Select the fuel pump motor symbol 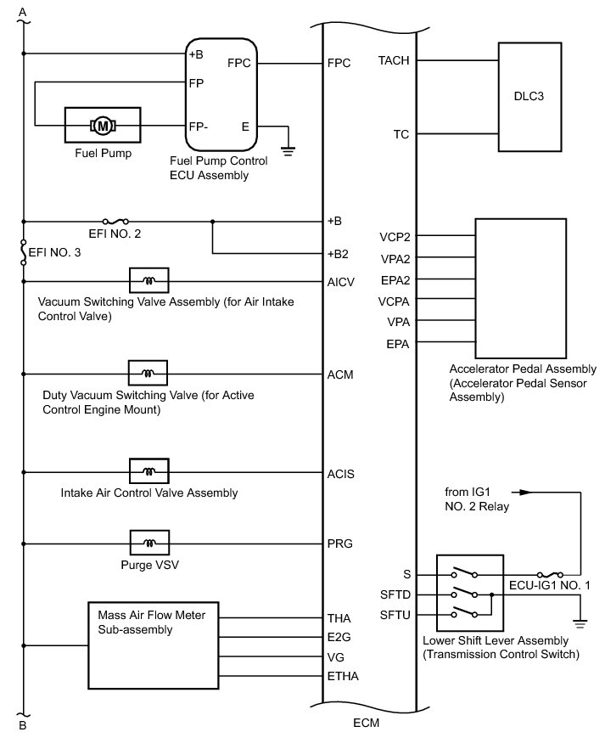tap(104, 127)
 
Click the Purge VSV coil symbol tap(149, 542)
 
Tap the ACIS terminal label tap(340, 473)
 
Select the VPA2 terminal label tap(397, 258)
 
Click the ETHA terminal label tap(342, 676)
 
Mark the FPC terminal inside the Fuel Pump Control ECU tap(239, 63)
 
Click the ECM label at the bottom tap(367, 724)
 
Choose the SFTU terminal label tap(396, 614)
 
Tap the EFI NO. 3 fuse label tap(54, 251)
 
